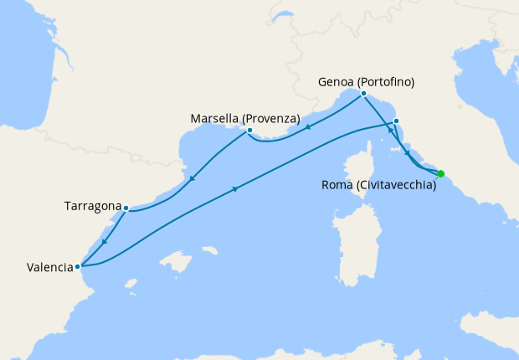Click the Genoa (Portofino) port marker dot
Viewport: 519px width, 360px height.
tap(363, 94)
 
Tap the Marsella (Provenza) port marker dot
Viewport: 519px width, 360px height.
tap(249, 131)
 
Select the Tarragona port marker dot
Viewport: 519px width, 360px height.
tap(126, 208)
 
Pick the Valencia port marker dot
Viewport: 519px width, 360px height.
tap(78, 267)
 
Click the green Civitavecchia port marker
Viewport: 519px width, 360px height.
tap(441, 173)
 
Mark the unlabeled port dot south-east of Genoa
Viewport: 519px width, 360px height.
tap(396, 121)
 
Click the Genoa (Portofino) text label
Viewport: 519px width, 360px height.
tap(367, 82)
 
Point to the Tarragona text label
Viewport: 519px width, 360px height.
tap(92, 205)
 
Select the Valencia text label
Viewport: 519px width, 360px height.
tap(50, 268)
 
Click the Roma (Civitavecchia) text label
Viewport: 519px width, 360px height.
tap(379, 186)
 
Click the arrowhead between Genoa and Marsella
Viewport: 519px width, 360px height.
tap(310, 127)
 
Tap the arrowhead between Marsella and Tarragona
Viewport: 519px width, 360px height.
tap(193, 178)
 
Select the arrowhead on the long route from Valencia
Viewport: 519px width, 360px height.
tap(235, 189)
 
